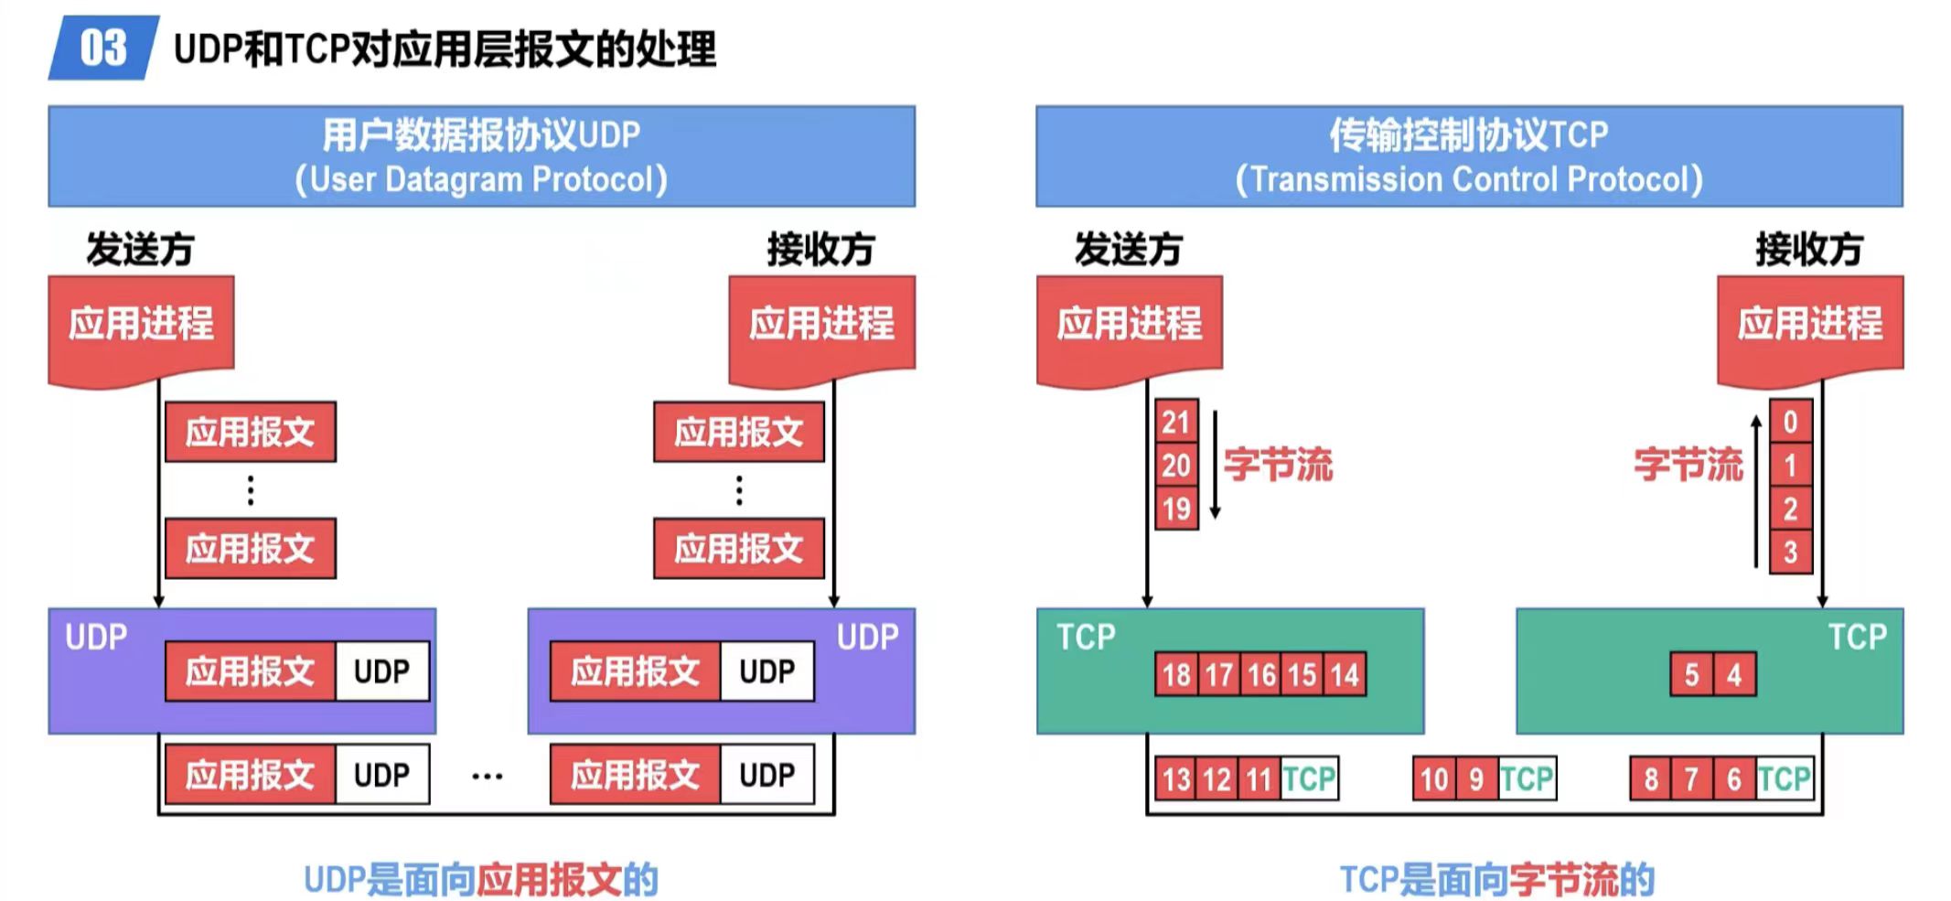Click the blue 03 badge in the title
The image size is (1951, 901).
(x=102, y=48)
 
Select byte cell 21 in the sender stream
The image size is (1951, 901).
(x=1175, y=422)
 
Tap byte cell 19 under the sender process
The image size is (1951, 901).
(x=1175, y=509)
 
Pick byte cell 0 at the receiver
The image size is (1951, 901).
(x=1790, y=422)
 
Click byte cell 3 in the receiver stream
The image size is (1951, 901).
(x=1790, y=552)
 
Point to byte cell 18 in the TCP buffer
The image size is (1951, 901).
(x=1176, y=675)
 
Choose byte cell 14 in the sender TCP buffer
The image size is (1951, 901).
(x=1344, y=675)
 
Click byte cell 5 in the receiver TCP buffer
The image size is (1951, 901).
(x=1691, y=675)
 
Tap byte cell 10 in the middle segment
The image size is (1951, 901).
(x=1433, y=779)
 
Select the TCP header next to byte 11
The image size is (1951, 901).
(x=1309, y=779)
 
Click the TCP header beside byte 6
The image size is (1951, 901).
(x=1784, y=779)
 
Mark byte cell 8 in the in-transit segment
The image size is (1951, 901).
(x=1651, y=779)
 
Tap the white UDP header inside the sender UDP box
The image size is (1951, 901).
(x=381, y=671)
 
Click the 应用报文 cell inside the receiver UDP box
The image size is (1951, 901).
(x=635, y=671)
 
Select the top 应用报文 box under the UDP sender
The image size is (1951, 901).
(x=250, y=432)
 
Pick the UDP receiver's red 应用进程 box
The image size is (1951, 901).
(x=821, y=325)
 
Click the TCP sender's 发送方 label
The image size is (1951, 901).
(x=1128, y=249)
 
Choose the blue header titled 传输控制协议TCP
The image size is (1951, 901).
(x=1468, y=156)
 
